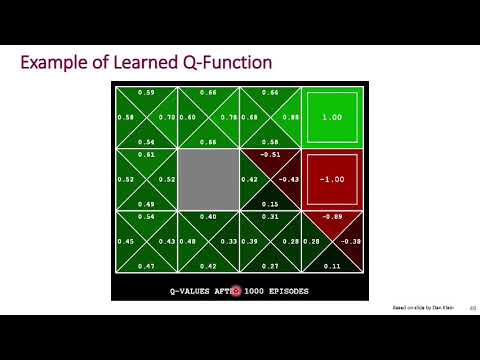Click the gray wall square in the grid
(x=208, y=180)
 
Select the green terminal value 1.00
(x=331, y=117)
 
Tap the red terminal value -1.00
(x=331, y=180)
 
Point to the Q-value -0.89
(x=332, y=217)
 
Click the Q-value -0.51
(x=269, y=155)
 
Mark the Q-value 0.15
(x=269, y=204)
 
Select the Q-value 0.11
(x=332, y=267)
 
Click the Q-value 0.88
(x=292, y=117)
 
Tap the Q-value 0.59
(x=146, y=92)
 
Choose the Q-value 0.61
(x=146, y=155)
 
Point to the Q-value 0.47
(x=146, y=267)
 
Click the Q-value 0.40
(x=208, y=217)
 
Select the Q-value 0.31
(x=269, y=217)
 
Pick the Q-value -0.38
(x=351, y=242)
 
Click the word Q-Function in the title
(x=225, y=63)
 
